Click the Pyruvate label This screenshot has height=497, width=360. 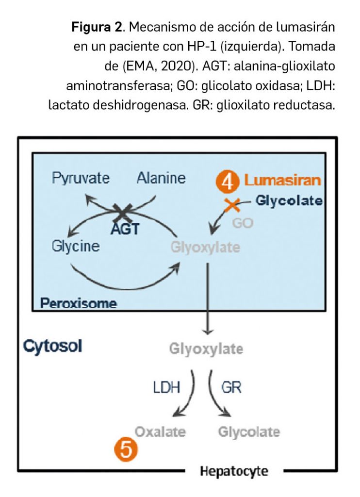pyautogui.click(x=81, y=179)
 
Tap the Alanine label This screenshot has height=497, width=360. pyautogui.click(x=161, y=178)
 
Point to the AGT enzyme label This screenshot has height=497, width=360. pyautogui.click(x=124, y=228)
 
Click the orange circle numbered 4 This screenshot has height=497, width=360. pyautogui.click(x=227, y=181)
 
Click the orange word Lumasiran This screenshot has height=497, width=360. pyautogui.click(x=283, y=181)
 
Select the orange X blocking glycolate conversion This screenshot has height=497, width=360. pyautogui.click(x=231, y=205)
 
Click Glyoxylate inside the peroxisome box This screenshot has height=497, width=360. pyautogui.click(x=205, y=247)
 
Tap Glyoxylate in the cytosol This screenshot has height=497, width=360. pyautogui.click(x=206, y=349)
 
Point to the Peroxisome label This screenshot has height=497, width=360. pyautogui.click(x=79, y=304)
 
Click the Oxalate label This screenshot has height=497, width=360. pyautogui.click(x=160, y=431)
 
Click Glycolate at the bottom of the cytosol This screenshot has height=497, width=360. pyautogui.click(x=249, y=431)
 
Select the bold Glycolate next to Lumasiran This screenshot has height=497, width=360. pyautogui.click(x=289, y=200)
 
